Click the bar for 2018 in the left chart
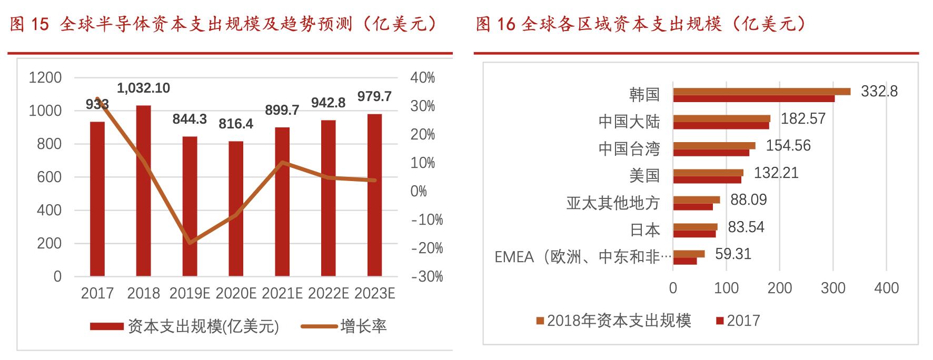point(143,191)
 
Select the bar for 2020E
point(236,208)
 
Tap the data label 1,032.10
point(143,88)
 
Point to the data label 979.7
point(374,96)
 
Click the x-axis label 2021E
point(282,293)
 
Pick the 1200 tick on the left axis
point(45,78)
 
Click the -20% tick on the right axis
point(426,248)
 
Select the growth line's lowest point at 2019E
point(190,243)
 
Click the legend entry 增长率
point(363,326)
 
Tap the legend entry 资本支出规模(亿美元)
point(203,326)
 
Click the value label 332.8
point(879,92)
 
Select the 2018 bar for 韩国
point(761,92)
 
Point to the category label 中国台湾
point(629,148)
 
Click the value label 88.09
point(748,200)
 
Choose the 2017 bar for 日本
point(694,234)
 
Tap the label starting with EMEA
point(583,257)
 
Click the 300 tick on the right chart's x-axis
point(833,288)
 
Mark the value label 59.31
point(733,254)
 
